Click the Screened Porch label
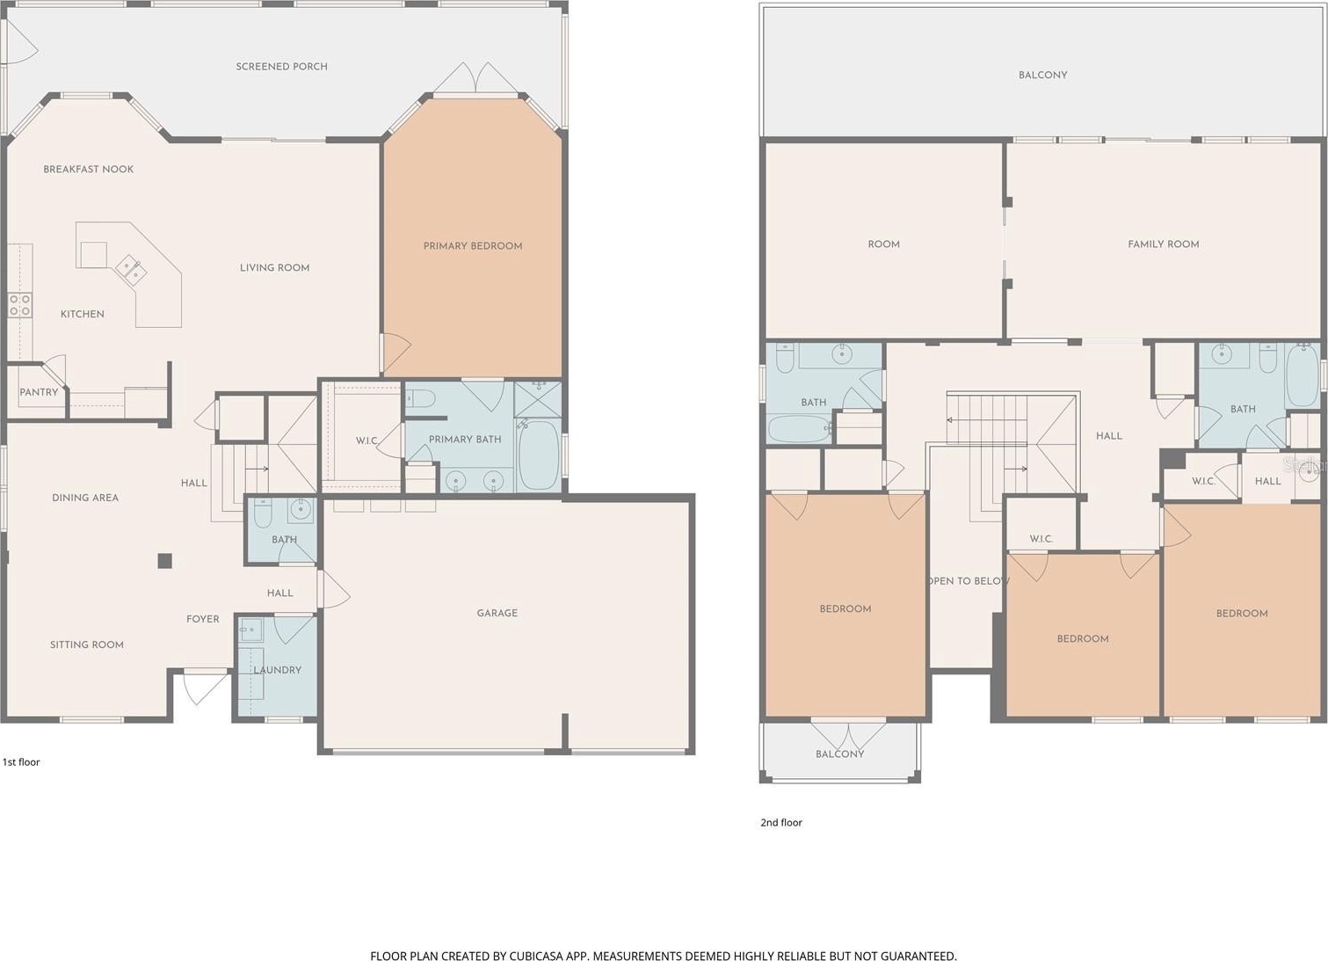click(x=281, y=67)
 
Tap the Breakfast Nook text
click(x=89, y=169)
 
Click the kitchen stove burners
click(x=19, y=305)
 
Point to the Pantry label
click(x=39, y=392)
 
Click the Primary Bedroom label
click(x=473, y=245)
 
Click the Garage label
click(x=497, y=613)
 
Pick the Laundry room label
click(x=278, y=670)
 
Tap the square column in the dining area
click(x=165, y=561)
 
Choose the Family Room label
click(x=1163, y=244)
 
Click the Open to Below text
click(x=969, y=581)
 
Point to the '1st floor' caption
click(x=21, y=762)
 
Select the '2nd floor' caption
click(x=781, y=823)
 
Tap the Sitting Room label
click(x=86, y=644)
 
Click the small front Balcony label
click(x=839, y=754)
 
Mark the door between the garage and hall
click(x=332, y=589)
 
